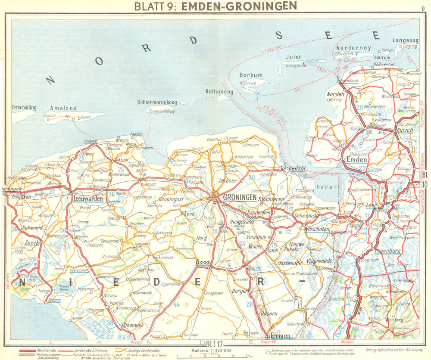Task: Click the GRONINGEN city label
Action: tap(239, 197)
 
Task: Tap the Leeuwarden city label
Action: tap(87, 199)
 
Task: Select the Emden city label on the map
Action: tap(357, 160)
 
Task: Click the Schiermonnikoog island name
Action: tap(156, 102)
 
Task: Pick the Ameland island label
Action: tap(63, 109)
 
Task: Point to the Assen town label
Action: tap(203, 261)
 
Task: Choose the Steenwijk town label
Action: tap(133, 325)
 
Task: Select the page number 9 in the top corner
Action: tap(423, 7)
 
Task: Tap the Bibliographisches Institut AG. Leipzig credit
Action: tap(393, 351)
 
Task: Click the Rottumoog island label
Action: tap(219, 92)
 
